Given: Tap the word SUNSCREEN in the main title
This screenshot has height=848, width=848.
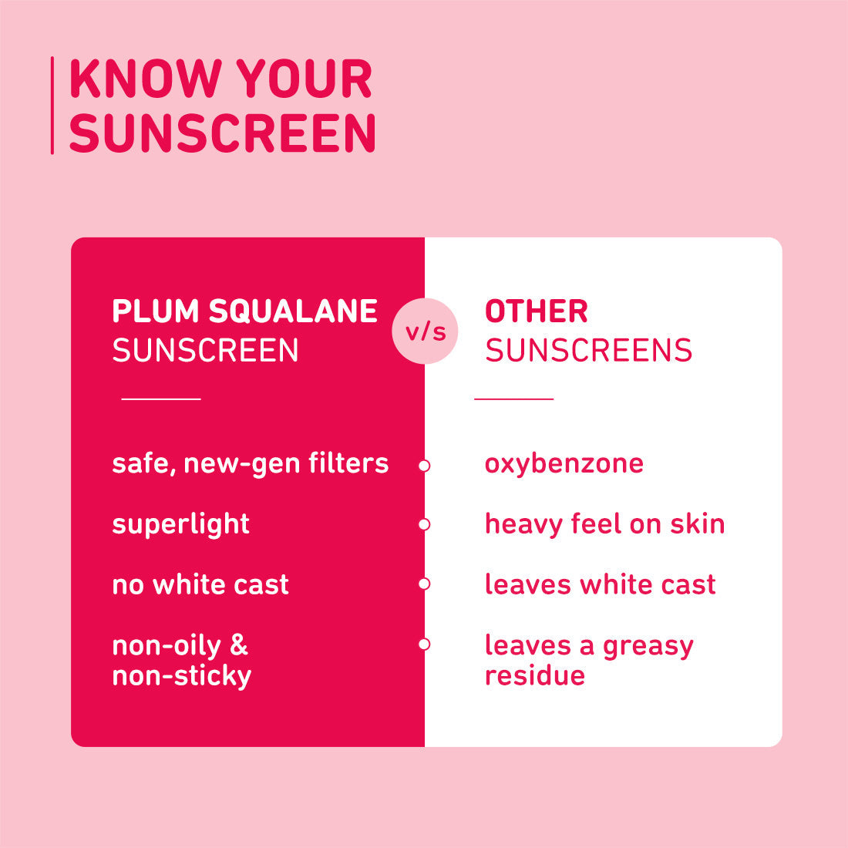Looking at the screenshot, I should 222,133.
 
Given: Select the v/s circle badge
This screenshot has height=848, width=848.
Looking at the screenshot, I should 425,331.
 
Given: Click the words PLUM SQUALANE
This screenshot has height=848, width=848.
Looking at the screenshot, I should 244,311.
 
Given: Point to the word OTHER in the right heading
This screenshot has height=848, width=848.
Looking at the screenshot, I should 537,311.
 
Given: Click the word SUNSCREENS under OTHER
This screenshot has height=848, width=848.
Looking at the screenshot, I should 588,351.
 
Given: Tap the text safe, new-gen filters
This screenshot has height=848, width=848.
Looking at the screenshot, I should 250,463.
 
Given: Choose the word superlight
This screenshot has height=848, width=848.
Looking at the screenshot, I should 180,524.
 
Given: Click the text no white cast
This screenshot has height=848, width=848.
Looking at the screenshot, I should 200,584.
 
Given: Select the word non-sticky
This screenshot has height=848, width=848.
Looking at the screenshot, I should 182,676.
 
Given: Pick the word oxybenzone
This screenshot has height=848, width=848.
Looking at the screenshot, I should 564,463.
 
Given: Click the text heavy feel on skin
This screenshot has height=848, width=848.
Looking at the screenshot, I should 604,524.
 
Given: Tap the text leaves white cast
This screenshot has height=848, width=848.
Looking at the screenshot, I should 600,584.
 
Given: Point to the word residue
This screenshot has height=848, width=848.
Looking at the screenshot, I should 534,675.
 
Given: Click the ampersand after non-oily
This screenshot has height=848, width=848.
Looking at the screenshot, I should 239,645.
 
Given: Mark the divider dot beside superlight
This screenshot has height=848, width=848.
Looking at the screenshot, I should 424,525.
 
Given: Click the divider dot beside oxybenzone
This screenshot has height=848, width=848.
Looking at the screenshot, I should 424,466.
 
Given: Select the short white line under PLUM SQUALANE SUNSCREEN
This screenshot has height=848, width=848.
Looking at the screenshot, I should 161,399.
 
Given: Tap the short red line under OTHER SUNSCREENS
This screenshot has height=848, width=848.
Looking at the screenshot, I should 513,399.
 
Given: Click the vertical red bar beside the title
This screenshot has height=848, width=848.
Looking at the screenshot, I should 52,106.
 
